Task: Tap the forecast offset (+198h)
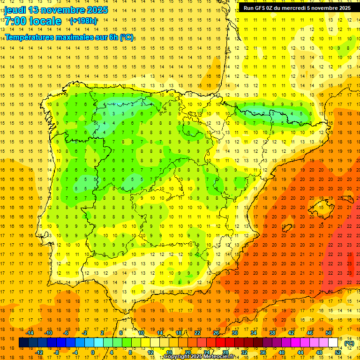click(x=83, y=21)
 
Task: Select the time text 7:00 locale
click(x=33, y=21)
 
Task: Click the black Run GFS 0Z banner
click(x=297, y=8)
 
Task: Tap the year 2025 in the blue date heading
click(x=96, y=10)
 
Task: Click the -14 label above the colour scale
click(x=29, y=333)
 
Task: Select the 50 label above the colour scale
click(x=328, y=333)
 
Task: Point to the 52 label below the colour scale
click(x=337, y=352)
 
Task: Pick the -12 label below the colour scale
click(x=39, y=352)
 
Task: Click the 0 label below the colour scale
click(x=93, y=352)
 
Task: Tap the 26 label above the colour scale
click(x=216, y=333)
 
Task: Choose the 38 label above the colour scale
click(x=272, y=333)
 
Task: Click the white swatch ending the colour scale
click(x=333, y=343)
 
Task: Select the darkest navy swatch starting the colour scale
click(x=23, y=343)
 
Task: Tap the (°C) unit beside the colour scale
click(x=349, y=343)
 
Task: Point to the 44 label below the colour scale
click(x=300, y=352)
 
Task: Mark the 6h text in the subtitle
click(x=112, y=37)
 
